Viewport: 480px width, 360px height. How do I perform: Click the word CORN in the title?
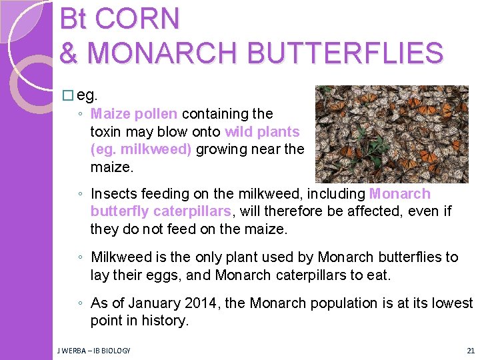click(x=137, y=19)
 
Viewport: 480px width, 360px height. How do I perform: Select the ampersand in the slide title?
click(x=70, y=53)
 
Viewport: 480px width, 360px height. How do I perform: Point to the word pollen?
click(x=157, y=114)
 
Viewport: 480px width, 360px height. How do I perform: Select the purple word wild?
click(x=241, y=131)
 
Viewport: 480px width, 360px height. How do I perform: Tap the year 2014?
click(x=201, y=303)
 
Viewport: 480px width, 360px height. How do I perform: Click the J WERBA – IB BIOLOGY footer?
click(x=93, y=351)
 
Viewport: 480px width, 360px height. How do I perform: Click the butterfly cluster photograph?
click(x=391, y=134)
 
